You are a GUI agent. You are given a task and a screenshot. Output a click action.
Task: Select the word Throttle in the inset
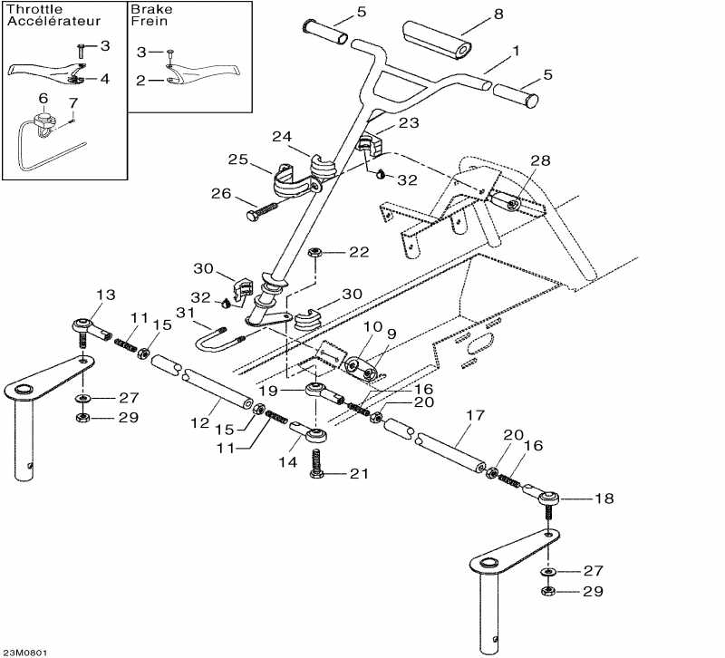tap(29, 10)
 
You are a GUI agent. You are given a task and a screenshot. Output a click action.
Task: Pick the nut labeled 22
tap(314, 251)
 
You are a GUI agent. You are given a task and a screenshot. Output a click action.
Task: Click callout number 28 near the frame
tap(540, 160)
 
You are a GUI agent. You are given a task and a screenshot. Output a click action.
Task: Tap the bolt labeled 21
tap(318, 473)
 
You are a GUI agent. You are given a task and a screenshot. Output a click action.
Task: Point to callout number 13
tap(106, 295)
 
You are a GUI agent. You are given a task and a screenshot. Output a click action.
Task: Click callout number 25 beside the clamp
tap(237, 160)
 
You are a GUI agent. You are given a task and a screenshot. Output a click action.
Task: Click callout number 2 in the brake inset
tap(141, 81)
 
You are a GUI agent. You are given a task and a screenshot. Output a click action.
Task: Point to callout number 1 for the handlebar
tap(517, 52)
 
